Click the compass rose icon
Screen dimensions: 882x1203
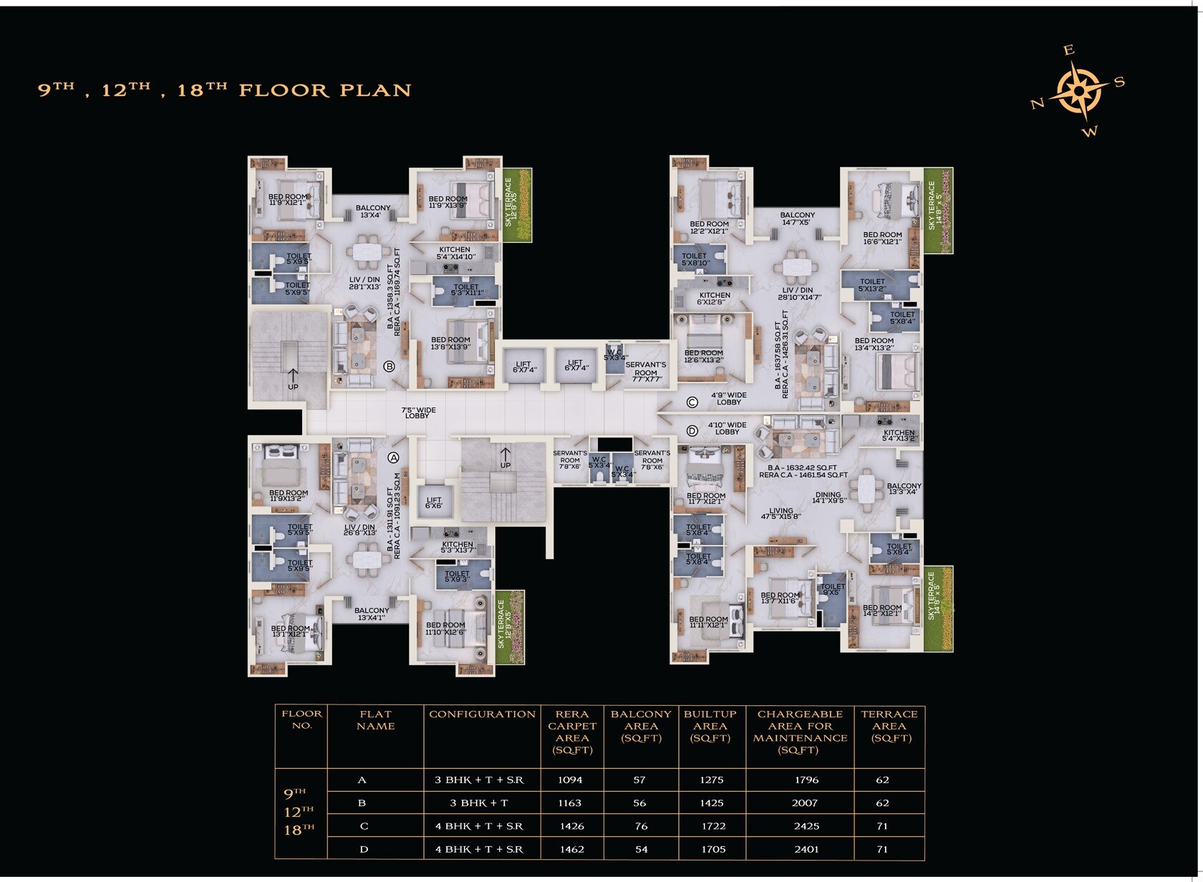point(1079,90)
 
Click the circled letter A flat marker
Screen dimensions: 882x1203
point(393,457)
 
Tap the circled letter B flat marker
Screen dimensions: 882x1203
point(390,367)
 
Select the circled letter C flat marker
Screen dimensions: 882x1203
point(692,402)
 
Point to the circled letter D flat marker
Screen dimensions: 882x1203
point(692,431)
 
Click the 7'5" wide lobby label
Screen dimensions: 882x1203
point(418,413)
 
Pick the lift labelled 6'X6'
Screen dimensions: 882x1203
point(434,503)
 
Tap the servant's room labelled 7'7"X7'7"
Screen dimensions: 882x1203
point(645,372)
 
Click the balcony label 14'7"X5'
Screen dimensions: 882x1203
point(797,218)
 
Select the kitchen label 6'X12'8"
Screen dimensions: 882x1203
point(714,299)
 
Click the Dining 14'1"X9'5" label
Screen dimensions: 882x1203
point(828,498)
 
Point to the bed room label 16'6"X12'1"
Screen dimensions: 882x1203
point(882,238)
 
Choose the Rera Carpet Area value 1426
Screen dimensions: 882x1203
point(571,826)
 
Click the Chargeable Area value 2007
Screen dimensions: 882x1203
point(805,803)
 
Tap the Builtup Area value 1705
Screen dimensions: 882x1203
point(713,849)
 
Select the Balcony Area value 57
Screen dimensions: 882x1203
point(639,780)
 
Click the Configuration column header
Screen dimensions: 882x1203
point(482,714)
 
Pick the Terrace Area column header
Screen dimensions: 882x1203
point(889,726)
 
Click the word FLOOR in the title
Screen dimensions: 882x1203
point(284,90)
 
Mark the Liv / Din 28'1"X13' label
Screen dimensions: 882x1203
point(364,283)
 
